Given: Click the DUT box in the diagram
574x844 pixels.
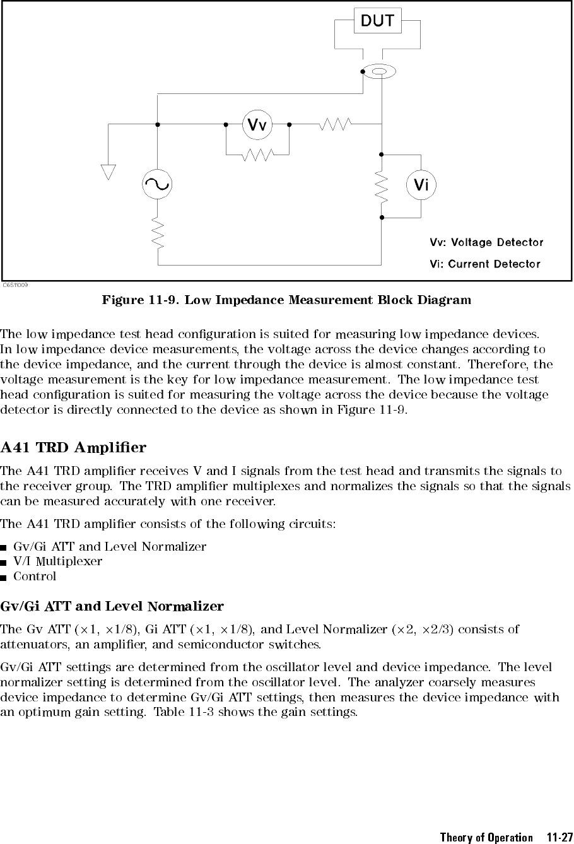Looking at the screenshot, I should click(x=377, y=21).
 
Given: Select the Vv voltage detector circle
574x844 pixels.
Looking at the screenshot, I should click(x=257, y=124).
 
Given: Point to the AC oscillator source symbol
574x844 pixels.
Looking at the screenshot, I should click(x=157, y=185).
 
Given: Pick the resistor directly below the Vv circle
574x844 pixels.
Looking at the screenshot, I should click(x=257, y=154).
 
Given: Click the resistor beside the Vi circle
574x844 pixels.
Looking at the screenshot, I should click(x=381, y=185).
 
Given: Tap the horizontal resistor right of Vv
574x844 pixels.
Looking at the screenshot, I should click(x=336, y=124).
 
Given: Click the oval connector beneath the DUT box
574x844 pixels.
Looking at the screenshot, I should click(x=380, y=72).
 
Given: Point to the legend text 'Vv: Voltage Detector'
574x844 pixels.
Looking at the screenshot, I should click(x=486, y=242).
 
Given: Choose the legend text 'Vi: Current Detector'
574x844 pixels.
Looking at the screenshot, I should click(x=484, y=264).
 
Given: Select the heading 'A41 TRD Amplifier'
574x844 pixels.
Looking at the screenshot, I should click(x=74, y=448).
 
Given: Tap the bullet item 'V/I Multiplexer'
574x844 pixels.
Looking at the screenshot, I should click(x=57, y=561).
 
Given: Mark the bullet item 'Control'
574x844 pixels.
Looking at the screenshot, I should click(x=35, y=576).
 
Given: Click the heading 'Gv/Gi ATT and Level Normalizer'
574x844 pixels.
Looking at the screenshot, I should click(x=112, y=607).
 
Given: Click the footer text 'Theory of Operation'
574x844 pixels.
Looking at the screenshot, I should click(x=486, y=837).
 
